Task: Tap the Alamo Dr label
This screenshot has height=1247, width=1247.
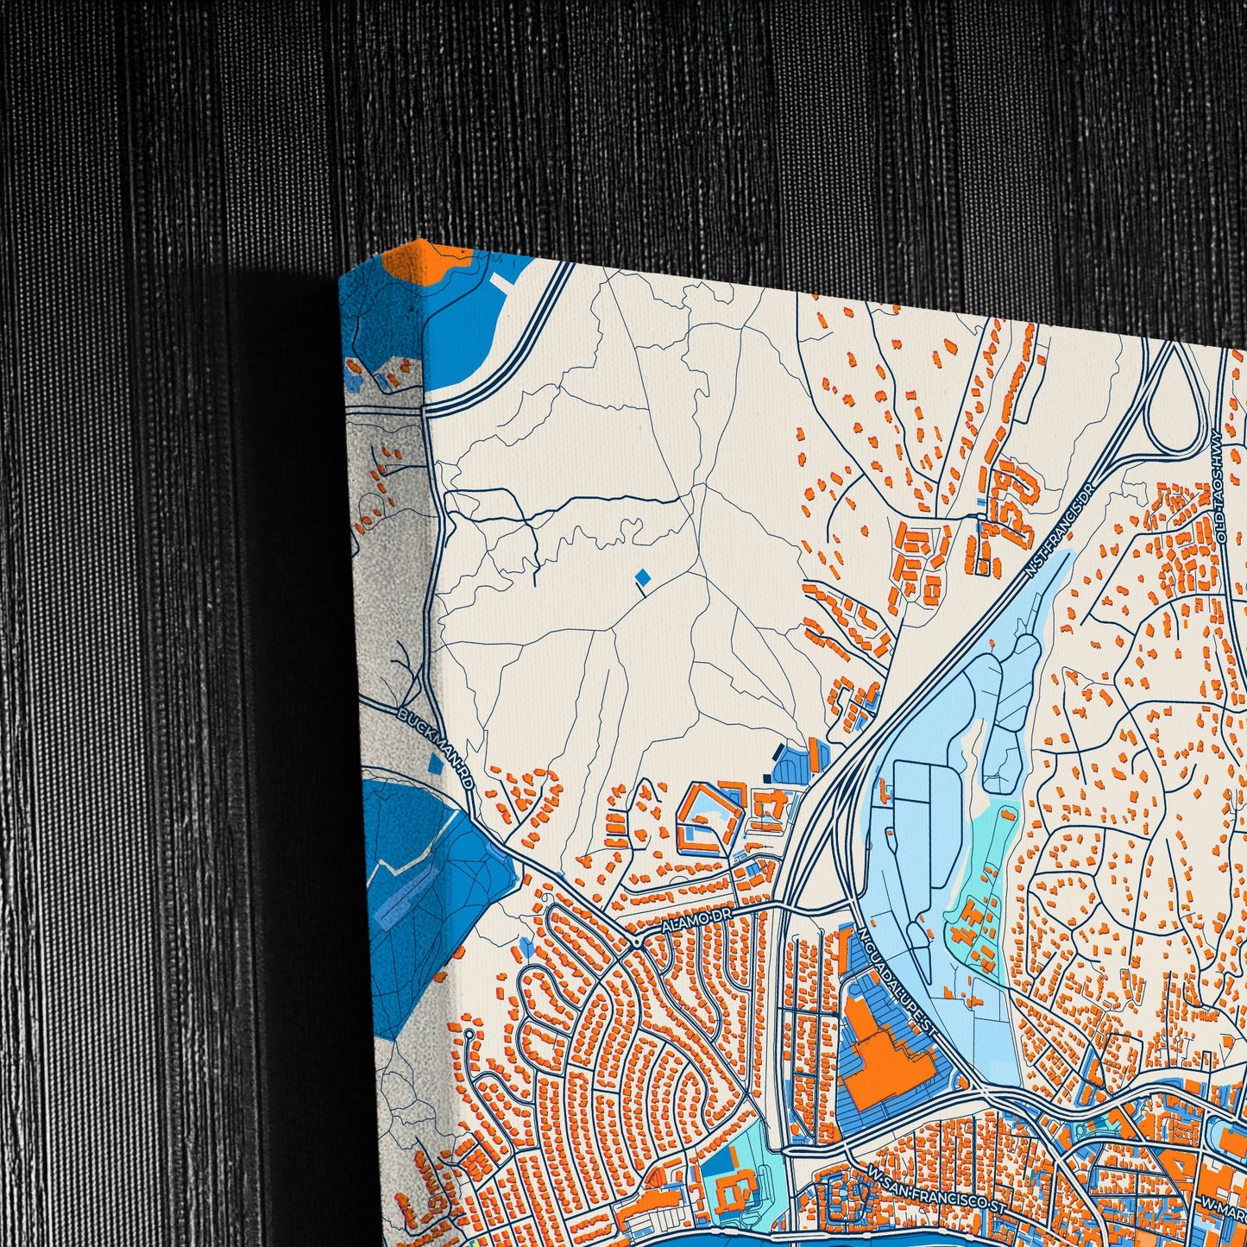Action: pyautogui.click(x=700, y=923)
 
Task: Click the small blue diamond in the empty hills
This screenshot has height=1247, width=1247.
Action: pyautogui.click(x=641, y=576)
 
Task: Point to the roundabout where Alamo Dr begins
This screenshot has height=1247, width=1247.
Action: pyautogui.click(x=637, y=942)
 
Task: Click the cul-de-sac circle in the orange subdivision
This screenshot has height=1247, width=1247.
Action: pyautogui.click(x=469, y=1032)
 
